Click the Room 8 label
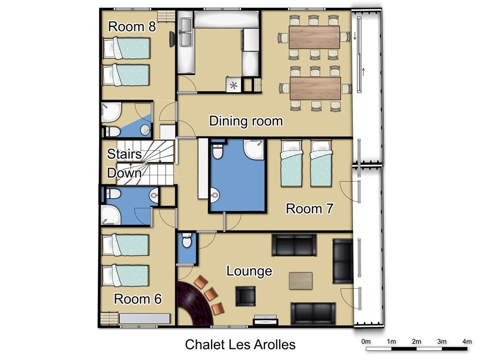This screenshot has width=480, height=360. (x=132, y=27)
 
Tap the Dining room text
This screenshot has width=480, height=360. (x=246, y=121)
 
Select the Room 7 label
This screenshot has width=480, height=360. (x=309, y=208)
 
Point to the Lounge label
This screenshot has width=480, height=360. (x=249, y=271)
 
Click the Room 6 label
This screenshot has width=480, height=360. (x=138, y=299)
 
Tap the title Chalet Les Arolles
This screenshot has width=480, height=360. (x=241, y=344)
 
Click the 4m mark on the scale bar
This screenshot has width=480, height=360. (x=467, y=341)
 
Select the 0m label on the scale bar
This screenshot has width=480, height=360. (x=366, y=341)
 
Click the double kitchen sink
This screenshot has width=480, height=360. (x=186, y=32)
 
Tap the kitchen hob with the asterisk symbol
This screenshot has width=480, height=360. (x=234, y=85)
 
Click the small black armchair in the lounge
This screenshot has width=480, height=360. (x=245, y=296)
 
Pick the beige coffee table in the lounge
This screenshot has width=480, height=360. (x=301, y=281)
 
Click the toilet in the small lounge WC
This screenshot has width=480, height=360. (x=186, y=241)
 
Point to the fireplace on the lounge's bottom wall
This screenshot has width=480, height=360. (x=265, y=320)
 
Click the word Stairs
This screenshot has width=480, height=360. (x=124, y=154)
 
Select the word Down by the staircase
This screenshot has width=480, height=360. (x=124, y=173)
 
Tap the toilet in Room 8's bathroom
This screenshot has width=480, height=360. (x=112, y=132)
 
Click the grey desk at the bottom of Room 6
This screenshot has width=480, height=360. (x=145, y=319)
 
